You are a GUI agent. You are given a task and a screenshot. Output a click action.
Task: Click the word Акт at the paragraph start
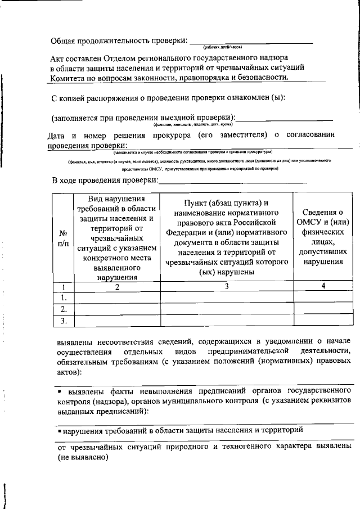[59, 58]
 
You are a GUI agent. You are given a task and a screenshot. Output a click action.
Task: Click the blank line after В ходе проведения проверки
[233, 181]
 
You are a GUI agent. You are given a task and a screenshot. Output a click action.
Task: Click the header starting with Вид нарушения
[117, 238]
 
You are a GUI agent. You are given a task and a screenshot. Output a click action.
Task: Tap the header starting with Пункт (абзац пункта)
[227, 238]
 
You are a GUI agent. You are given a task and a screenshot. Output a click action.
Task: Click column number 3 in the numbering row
[227, 287]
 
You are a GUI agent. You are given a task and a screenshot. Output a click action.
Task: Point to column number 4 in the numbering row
[323, 287]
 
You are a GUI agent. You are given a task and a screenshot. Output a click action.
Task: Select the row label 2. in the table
[64, 309]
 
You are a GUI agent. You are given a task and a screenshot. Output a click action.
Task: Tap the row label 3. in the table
[64, 321]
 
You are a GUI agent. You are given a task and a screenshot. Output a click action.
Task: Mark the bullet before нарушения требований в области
[59, 430]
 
